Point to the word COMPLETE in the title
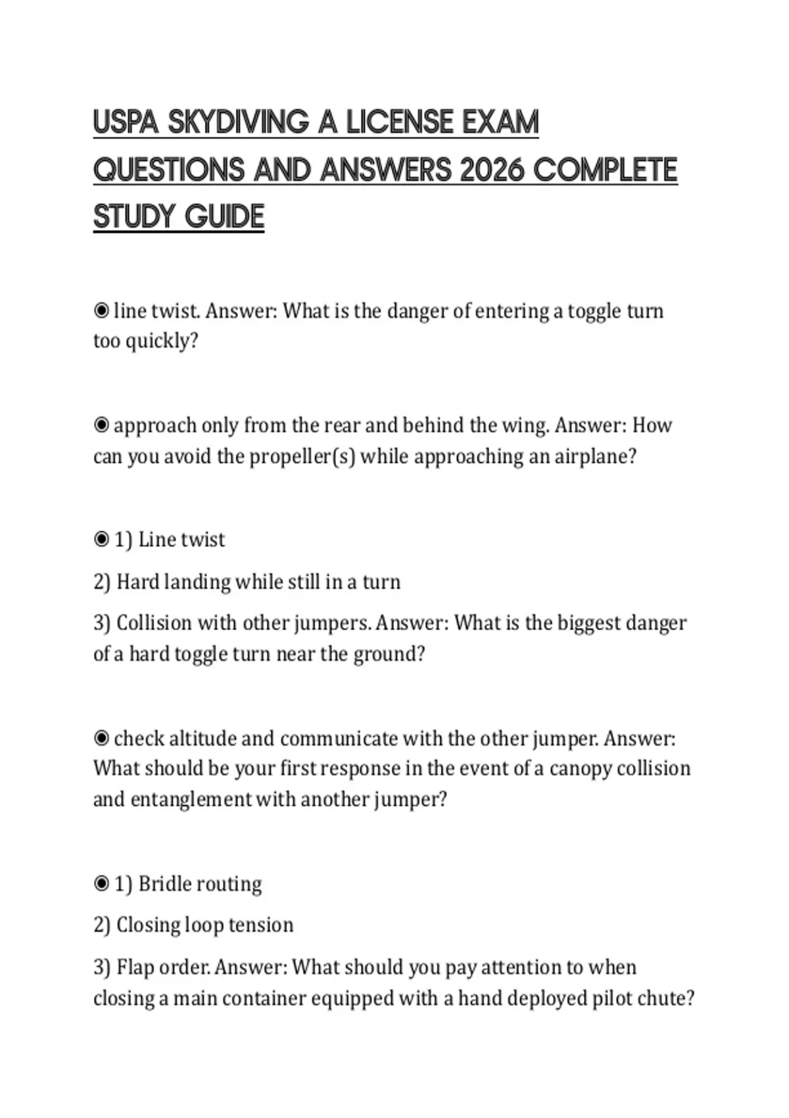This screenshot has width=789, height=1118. pos(605,170)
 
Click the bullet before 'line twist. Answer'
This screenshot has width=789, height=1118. pos(101,310)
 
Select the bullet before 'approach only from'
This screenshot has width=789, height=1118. pos(101,425)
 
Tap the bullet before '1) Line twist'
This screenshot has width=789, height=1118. pos(101,540)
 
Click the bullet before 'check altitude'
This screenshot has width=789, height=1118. pos(101,739)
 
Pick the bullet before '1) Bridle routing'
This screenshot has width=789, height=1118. pos(101,883)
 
